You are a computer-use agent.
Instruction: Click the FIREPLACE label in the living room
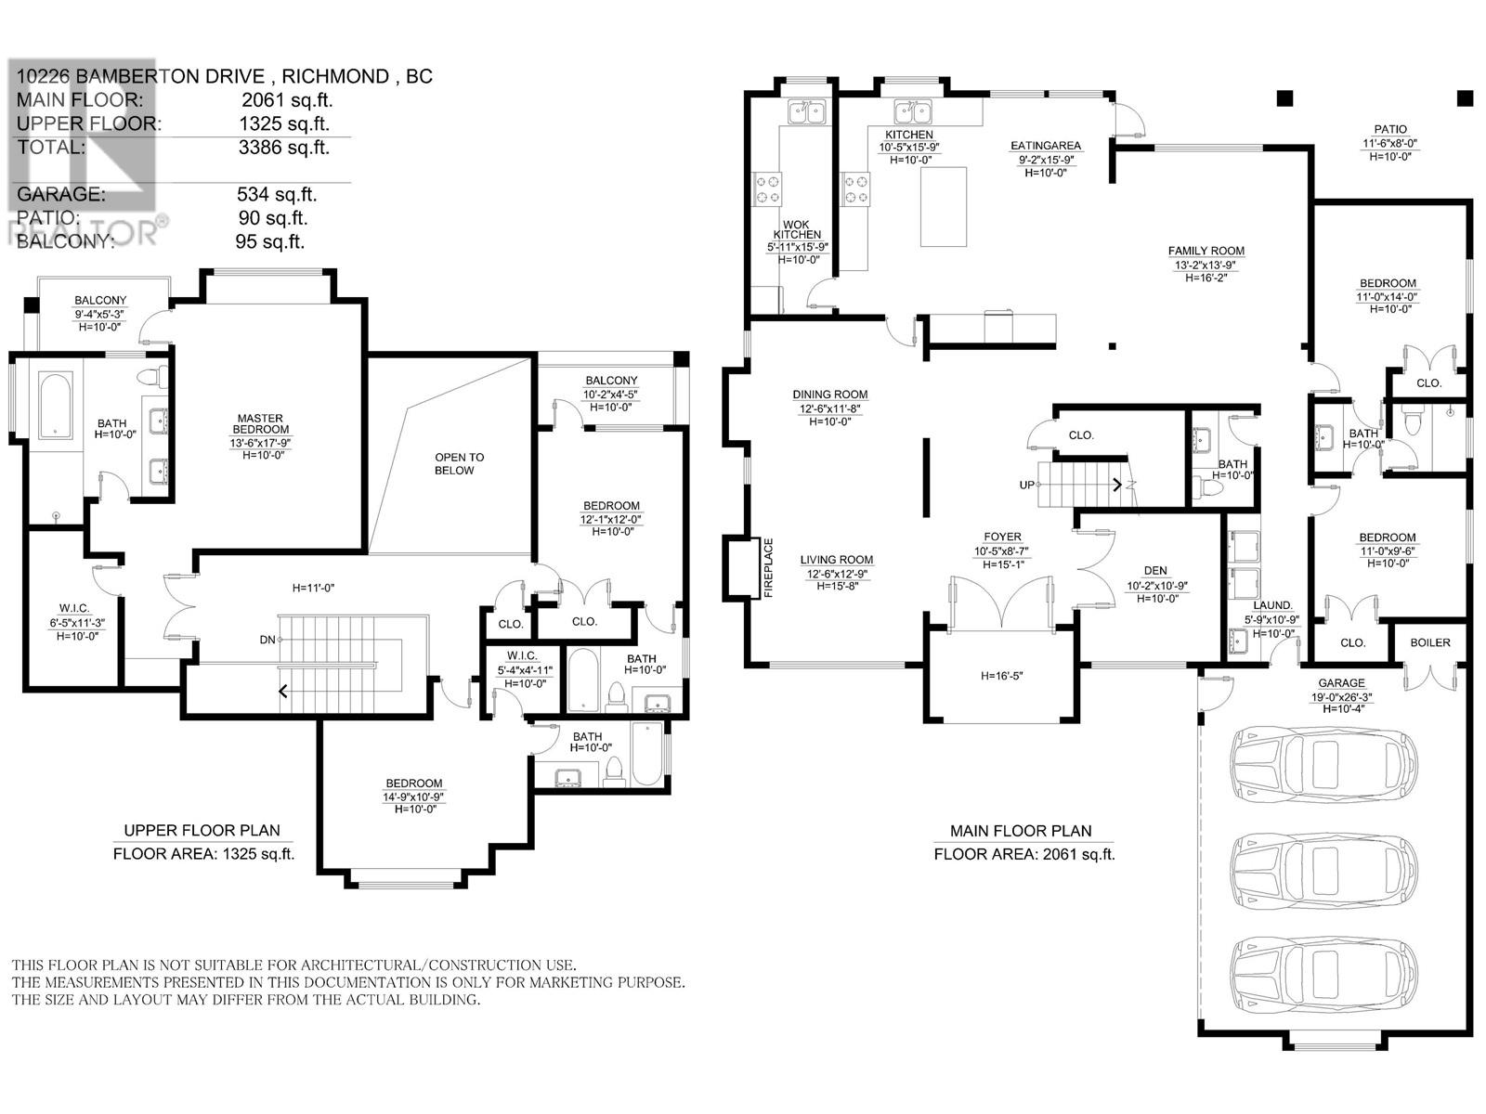pyautogui.click(x=768, y=568)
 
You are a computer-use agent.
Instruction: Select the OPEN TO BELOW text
pyautogui.click(x=454, y=463)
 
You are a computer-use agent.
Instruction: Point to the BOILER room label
pyautogui.click(x=1429, y=642)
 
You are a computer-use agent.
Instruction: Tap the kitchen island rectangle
pyautogui.click(x=943, y=206)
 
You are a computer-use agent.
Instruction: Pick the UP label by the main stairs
pyautogui.click(x=1027, y=486)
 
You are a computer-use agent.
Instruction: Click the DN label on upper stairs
pyautogui.click(x=267, y=640)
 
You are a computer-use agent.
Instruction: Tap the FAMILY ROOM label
pyautogui.click(x=1206, y=251)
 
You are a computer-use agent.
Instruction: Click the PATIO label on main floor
pyautogui.click(x=1390, y=130)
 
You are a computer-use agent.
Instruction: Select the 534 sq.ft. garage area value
pyautogui.click(x=277, y=195)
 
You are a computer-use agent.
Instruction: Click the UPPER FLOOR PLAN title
pyautogui.click(x=202, y=831)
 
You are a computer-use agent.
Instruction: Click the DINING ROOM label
pyautogui.click(x=829, y=395)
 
